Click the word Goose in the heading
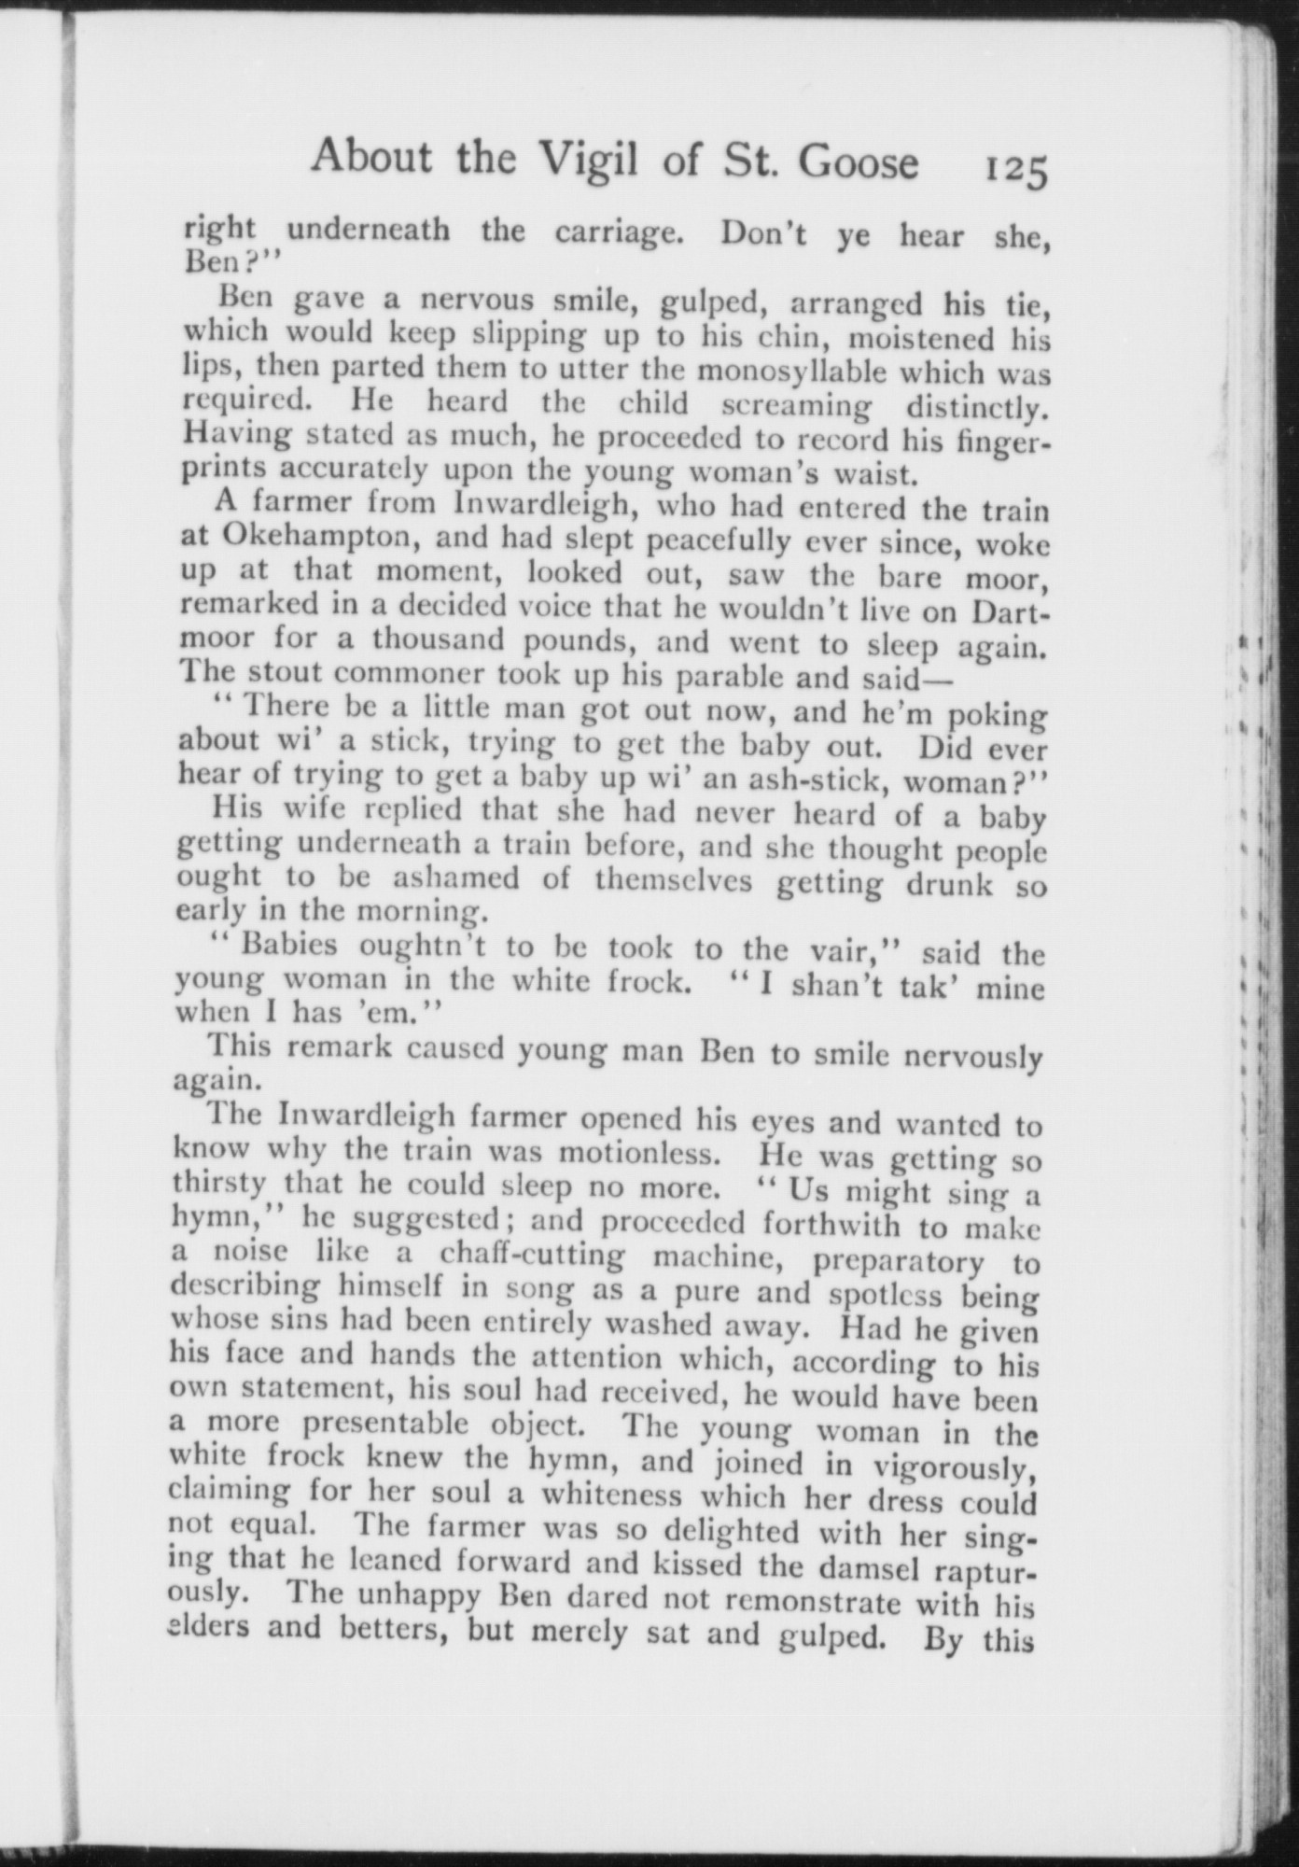(x=858, y=162)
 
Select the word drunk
(x=948, y=883)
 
